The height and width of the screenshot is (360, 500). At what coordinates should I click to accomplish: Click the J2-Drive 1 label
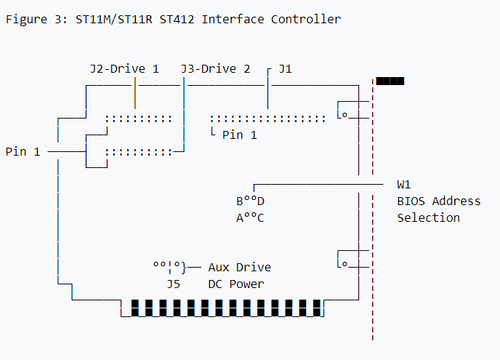click(125, 69)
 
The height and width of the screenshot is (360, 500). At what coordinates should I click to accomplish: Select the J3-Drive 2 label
click(215, 69)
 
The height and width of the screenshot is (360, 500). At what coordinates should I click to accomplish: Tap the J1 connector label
click(285, 69)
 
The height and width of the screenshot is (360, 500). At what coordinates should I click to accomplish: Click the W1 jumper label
click(404, 184)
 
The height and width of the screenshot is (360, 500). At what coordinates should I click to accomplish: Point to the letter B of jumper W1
click(240, 201)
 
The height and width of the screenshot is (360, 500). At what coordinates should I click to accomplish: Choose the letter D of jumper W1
click(261, 201)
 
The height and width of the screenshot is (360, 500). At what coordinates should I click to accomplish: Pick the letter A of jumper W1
click(240, 218)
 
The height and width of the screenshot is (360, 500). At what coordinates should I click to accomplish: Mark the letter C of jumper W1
click(261, 218)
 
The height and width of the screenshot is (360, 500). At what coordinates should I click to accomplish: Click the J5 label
click(174, 284)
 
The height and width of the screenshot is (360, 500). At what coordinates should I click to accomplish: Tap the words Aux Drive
click(240, 267)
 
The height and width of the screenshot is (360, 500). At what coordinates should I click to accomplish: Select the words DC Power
click(236, 284)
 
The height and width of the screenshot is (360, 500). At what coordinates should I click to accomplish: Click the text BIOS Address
click(439, 201)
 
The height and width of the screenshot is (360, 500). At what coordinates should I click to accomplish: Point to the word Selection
click(428, 218)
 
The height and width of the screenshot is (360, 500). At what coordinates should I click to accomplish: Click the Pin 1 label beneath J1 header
click(239, 135)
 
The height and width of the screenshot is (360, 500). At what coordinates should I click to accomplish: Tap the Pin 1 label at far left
click(23, 152)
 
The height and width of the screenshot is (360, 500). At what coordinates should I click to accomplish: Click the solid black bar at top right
click(390, 81)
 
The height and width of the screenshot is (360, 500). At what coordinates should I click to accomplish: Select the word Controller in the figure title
click(306, 19)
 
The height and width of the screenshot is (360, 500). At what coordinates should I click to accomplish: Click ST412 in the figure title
click(177, 19)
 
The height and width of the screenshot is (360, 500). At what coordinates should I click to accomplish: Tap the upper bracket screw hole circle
click(345, 115)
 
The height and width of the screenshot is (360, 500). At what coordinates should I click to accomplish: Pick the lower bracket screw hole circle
click(345, 264)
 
